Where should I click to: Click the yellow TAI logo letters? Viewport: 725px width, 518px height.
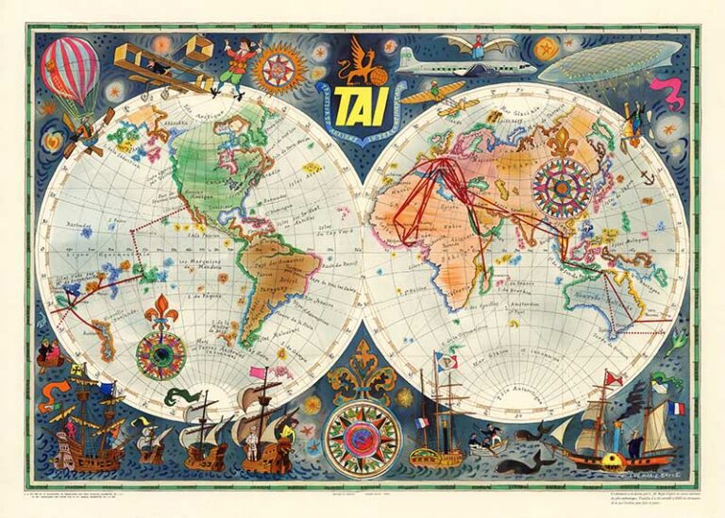tap(362, 102)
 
